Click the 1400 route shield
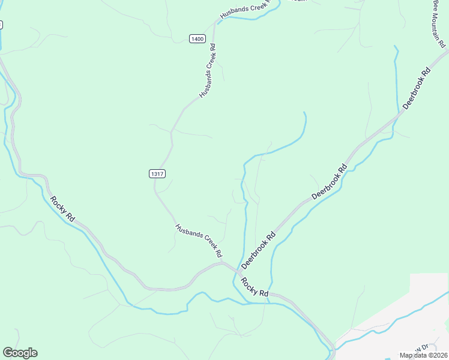click(x=197, y=38)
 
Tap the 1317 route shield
click(x=157, y=173)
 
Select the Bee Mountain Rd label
click(x=440, y=23)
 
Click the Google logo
click(x=20, y=353)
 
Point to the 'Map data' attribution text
click(x=414, y=355)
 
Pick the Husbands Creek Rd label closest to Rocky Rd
click(x=199, y=241)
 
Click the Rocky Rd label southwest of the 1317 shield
click(x=62, y=209)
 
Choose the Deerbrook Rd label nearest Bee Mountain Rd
click(x=417, y=88)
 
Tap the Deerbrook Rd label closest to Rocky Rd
click(x=258, y=250)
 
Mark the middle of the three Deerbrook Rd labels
click(x=330, y=182)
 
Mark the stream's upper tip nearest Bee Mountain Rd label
click(x=395, y=46)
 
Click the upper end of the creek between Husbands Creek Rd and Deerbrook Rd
click(x=304, y=113)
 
